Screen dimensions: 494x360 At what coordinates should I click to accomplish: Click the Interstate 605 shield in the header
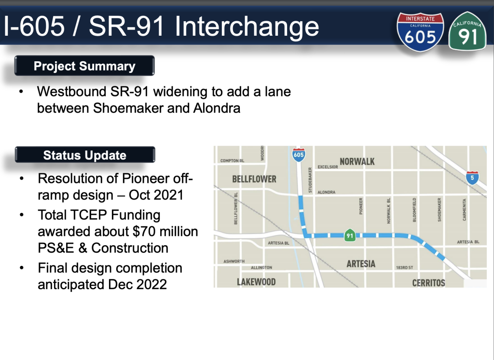pos(420,31)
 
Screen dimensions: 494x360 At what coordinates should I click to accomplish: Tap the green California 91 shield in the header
pos(467,31)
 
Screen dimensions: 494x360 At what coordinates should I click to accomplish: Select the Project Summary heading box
pos(84,66)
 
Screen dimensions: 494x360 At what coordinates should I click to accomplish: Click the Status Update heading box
pos(85,155)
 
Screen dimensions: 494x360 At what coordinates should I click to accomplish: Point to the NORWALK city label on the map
pos(357,162)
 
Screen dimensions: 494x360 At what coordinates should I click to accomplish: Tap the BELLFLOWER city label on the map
pos(254,179)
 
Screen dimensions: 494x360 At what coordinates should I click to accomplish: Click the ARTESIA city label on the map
pos(361,263)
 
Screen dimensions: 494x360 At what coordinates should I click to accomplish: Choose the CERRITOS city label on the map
pos(428,283)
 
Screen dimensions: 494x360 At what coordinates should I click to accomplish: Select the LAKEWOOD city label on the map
pos(256,281)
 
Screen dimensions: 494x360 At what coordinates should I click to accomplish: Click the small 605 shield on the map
pos(298,154)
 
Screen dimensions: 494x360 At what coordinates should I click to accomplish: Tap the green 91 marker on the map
pos(350,235)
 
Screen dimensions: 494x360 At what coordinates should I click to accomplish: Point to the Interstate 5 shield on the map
pos(472,178)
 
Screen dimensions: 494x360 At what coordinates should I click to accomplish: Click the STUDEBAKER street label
pos(310,180)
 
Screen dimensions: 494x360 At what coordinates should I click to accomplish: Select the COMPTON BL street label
pos(232,161)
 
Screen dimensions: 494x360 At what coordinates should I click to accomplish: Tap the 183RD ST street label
pos(405,268)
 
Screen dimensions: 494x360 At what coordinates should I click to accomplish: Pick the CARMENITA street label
pos(464,209)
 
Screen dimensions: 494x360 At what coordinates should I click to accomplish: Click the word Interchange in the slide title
pos(247,27)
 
